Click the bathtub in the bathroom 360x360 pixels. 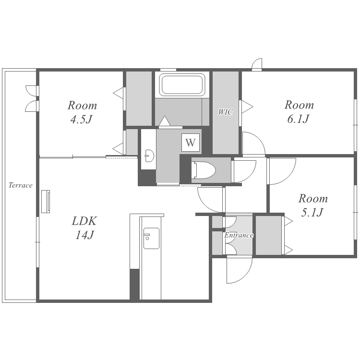pos(182,84)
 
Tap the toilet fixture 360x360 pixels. pos(204,170)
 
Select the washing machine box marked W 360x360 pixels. pos(191,143)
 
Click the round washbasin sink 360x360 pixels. pos(149,156)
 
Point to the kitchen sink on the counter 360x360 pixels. pos(151,238)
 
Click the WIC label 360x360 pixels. pos(225,112)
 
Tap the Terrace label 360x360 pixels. pos(21,185)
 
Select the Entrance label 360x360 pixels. pos(239,235)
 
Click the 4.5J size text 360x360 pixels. pos(81,120)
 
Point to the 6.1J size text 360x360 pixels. pos(298,119)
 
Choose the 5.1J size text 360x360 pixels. pos(312,212)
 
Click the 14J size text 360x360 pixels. pos(84,235)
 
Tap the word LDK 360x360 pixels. pos(84,221)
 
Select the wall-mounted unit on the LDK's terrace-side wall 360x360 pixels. pos(46,201)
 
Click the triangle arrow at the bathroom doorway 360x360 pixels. pos(165,121)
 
